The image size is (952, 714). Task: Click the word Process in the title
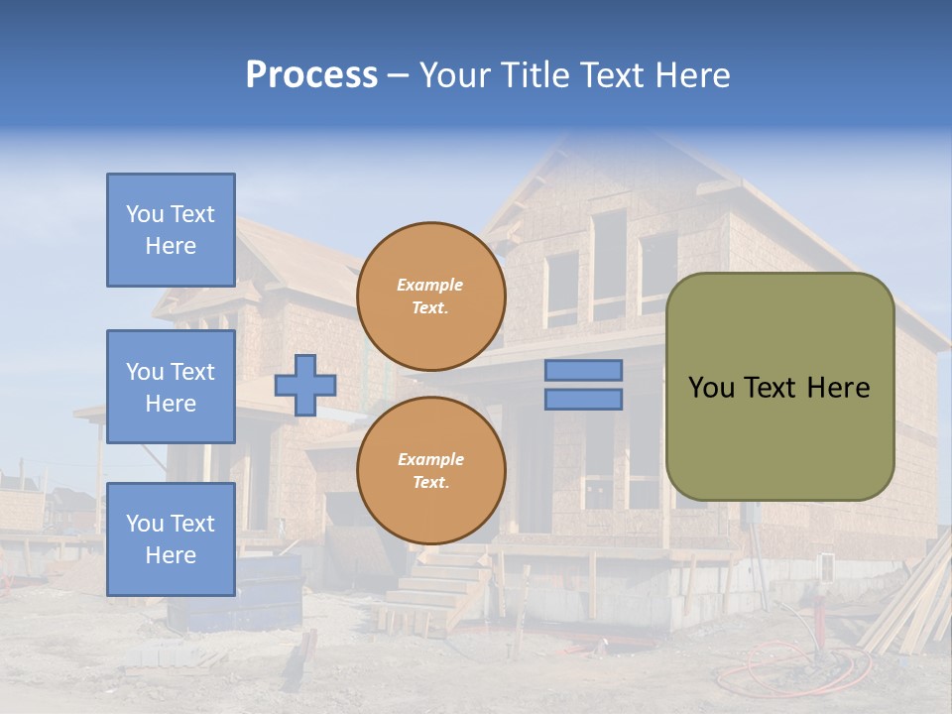[311, 75]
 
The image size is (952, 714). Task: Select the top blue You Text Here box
[171, 230]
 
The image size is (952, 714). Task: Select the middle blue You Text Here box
[171, 387]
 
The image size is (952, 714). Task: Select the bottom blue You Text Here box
[171, 538]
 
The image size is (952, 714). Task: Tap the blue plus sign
[305, 385]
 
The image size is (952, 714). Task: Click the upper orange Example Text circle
[430, 297]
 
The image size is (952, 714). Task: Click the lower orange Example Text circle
[430, 471]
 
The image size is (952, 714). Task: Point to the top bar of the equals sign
[584, 370]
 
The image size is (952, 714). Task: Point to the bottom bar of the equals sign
[584, 399]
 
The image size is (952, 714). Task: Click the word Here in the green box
[838, 388]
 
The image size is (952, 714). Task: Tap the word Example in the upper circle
[430, 285]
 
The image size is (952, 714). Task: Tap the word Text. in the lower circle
[430, 483]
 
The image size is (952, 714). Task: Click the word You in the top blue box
[144, 214]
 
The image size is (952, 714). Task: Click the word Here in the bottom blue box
[171, 555]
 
